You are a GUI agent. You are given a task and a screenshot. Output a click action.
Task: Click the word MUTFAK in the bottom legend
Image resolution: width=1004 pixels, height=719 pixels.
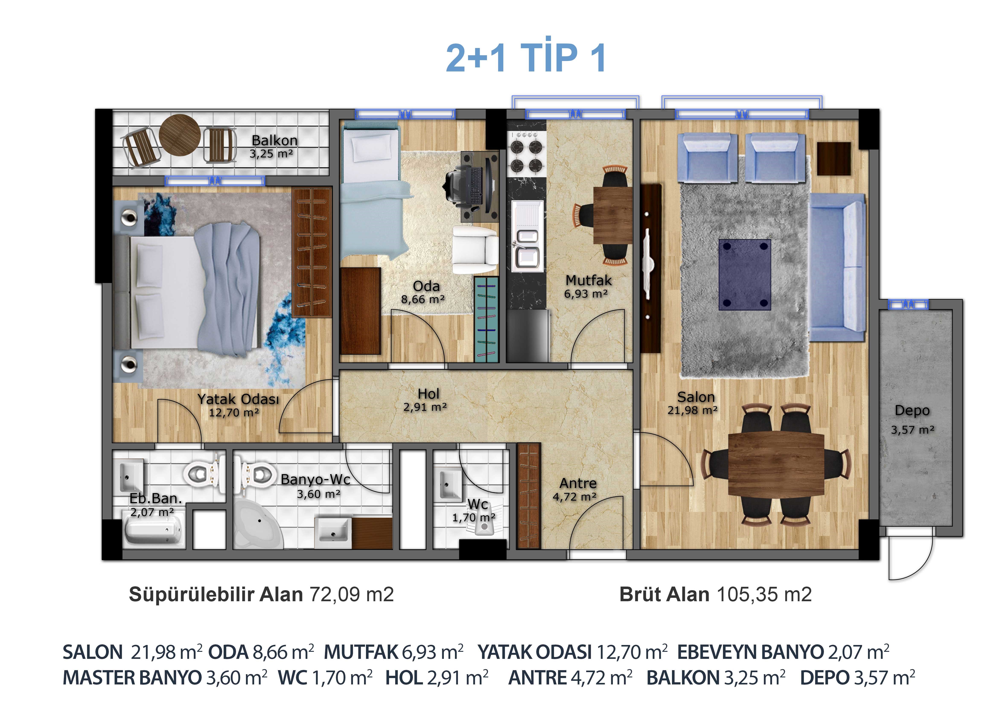(361, 652)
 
